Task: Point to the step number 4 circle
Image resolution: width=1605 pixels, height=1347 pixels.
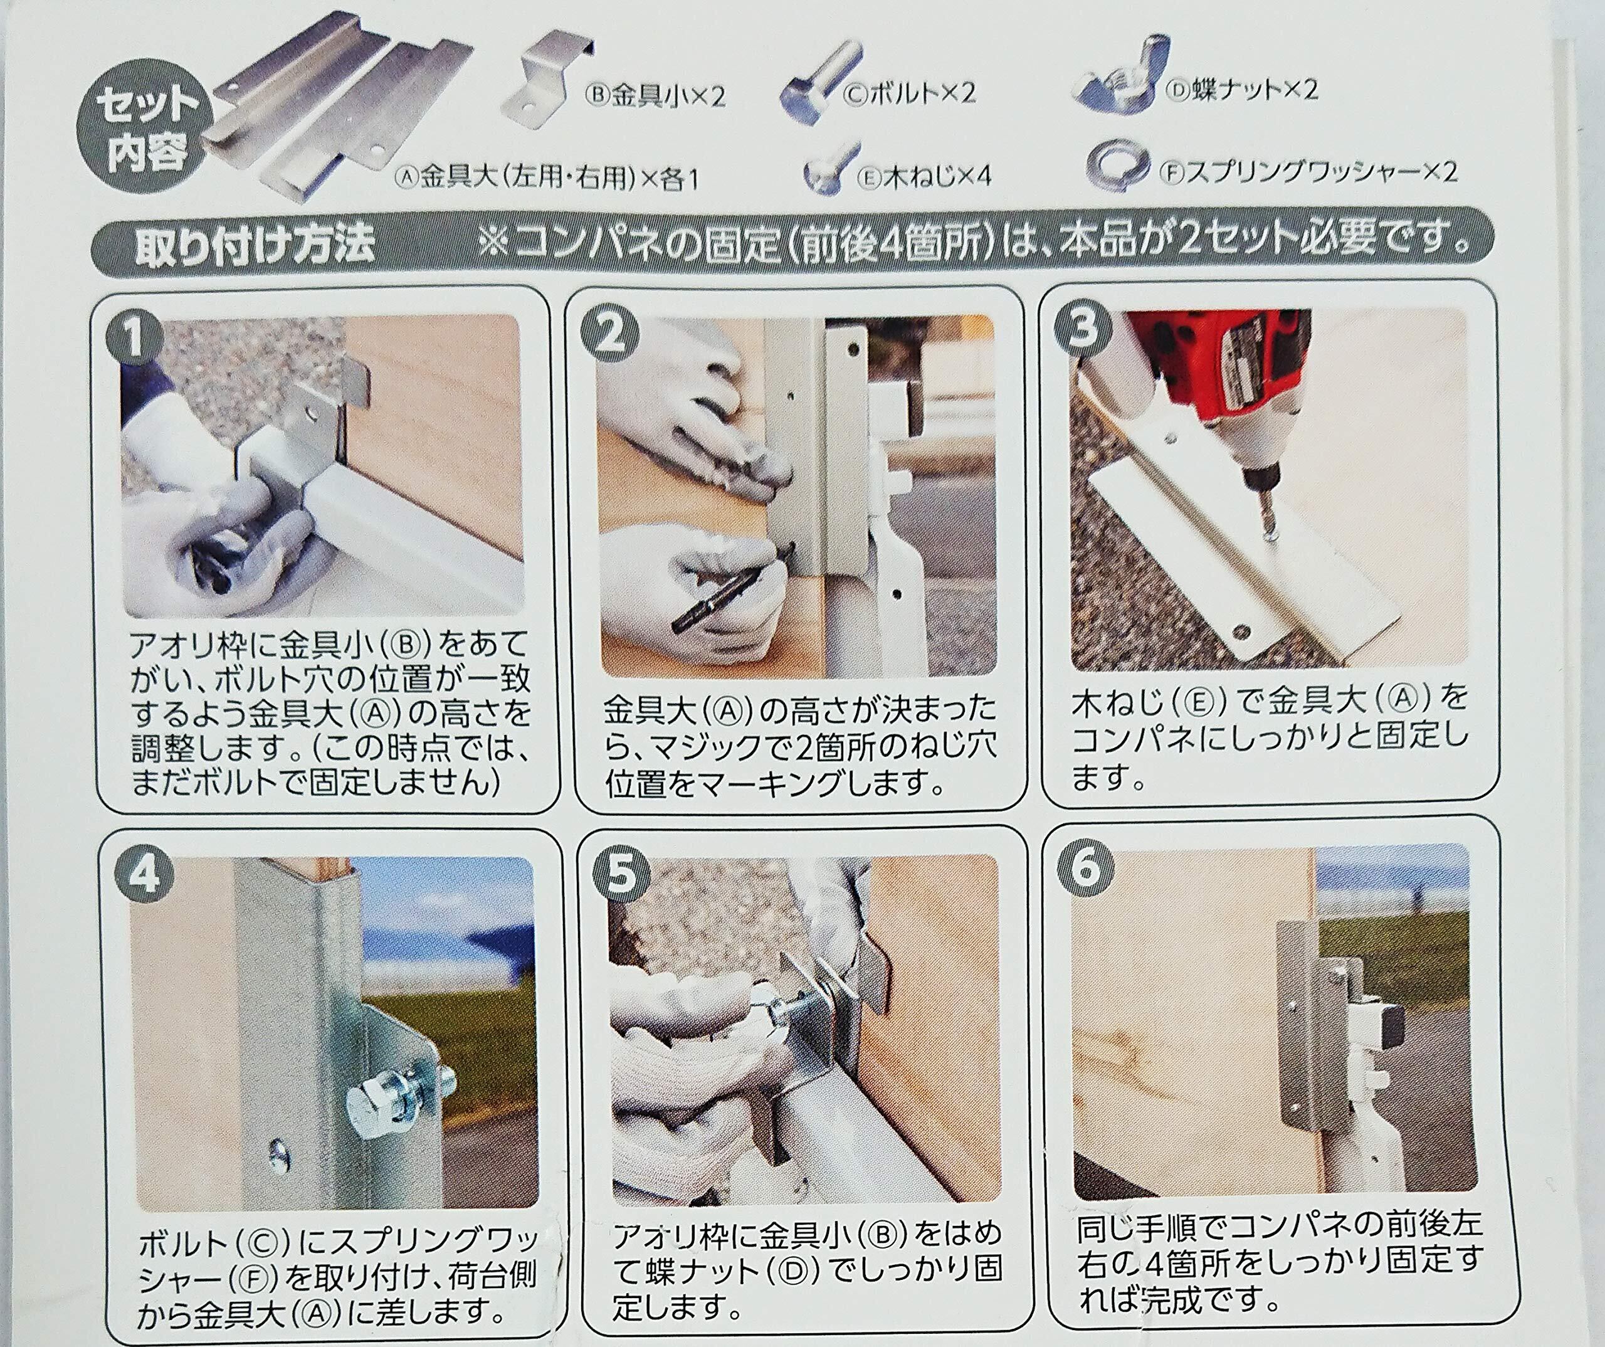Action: point(143,873)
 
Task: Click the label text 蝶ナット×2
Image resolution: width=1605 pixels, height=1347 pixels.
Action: point(1242,90)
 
